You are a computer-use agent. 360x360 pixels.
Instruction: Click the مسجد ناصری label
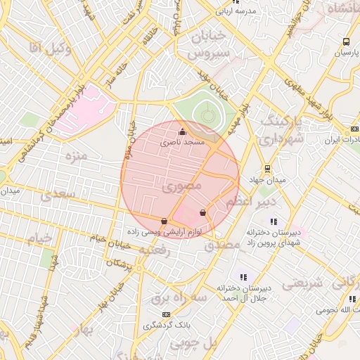pyautogui.click(x=183, y=142)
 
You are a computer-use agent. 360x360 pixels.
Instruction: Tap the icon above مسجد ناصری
pyautogui.click(x=183, y=131)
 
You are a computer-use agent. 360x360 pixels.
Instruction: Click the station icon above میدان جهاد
pyautogui.click(x=267, y=169)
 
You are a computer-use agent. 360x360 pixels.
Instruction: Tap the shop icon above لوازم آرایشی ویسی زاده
pyautogui.click(x=165, y=221)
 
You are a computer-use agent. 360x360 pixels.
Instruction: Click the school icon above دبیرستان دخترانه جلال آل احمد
pyautogui.click(x=243, y=278)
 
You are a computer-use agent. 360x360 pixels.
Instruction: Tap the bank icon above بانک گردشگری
pyautogui.click(x=166, y=314)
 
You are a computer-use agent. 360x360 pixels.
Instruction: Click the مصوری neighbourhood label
pyautogui.click(x=181, y=186)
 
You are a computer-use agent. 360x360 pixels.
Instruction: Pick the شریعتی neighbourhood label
pyautogui.click(x=302, y=284)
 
